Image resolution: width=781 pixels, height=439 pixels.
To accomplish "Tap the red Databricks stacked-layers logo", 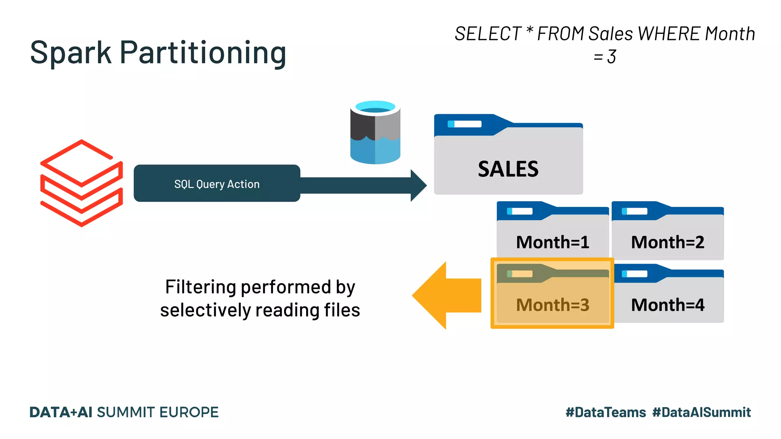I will (82, 183).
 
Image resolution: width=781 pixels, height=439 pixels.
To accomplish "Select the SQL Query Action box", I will (217, 184).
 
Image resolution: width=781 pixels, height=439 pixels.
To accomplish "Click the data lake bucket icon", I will (375, 132).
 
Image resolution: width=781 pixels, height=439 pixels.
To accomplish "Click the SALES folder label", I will (508, 169).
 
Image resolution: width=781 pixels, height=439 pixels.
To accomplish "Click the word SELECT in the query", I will (488, 34).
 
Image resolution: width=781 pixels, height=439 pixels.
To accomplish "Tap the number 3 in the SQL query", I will (612, 57).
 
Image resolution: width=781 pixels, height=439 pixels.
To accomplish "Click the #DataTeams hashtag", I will (606, 412).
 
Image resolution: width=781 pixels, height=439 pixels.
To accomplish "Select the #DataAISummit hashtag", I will (701, 412).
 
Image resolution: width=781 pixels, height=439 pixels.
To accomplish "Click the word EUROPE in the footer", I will (189, 412).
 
